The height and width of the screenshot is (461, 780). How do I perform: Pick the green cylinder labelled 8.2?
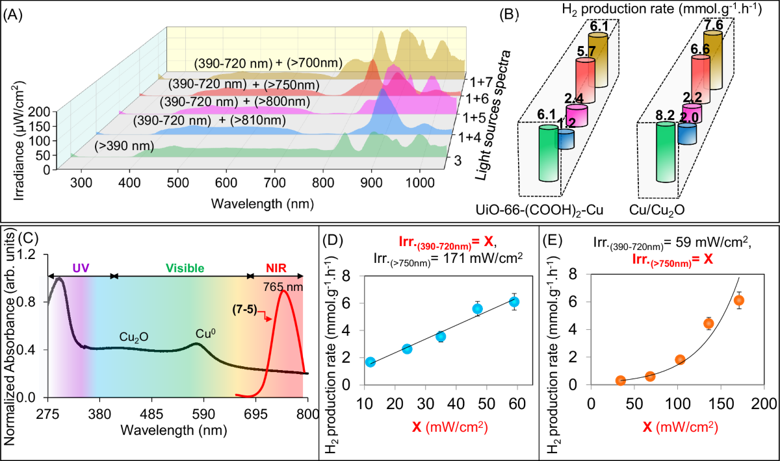[665, 159]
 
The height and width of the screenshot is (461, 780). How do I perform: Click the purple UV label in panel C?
[81, 267]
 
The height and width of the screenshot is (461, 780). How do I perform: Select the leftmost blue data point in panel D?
[370, 362]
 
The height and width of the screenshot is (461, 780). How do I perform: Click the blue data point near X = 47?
[478, 309]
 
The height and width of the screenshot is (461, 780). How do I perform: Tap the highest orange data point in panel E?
[738, 300]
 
